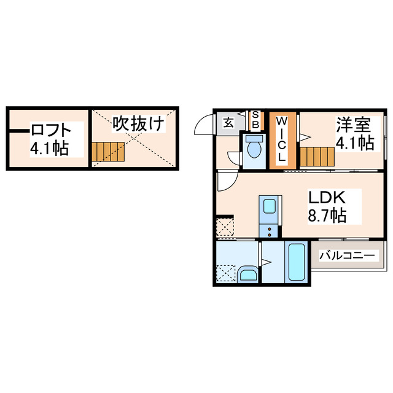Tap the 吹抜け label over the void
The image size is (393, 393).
pos(138,124)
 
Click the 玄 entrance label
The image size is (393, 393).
pos(228,122)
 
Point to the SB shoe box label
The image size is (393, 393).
pos(256,120)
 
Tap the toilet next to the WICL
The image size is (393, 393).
pos(253,147)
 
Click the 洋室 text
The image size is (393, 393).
pos(353,124)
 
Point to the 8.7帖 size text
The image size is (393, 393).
pos(327,216)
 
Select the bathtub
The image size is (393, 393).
pos(297,262)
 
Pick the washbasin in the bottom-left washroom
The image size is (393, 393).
pos(249,274)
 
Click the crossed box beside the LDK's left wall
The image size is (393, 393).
pos(225,226)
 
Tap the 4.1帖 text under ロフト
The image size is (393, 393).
pos(49,148)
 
